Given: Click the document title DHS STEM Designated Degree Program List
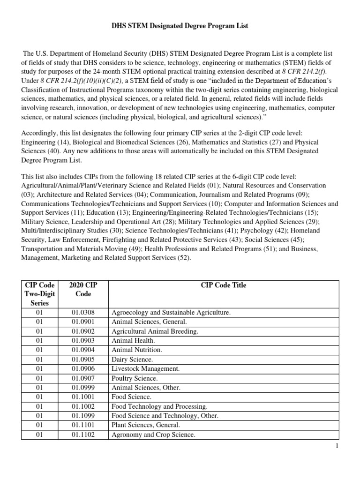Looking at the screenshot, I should click(180, 26).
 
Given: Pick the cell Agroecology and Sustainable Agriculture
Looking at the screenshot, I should click(171, 313).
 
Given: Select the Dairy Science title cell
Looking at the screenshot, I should click(132, 360).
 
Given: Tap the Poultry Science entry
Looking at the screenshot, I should click(135, 378).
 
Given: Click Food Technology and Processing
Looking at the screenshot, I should click(159, 406).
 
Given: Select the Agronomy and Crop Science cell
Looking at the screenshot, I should click(153, 435).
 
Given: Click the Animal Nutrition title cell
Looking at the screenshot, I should click(137, 350).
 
